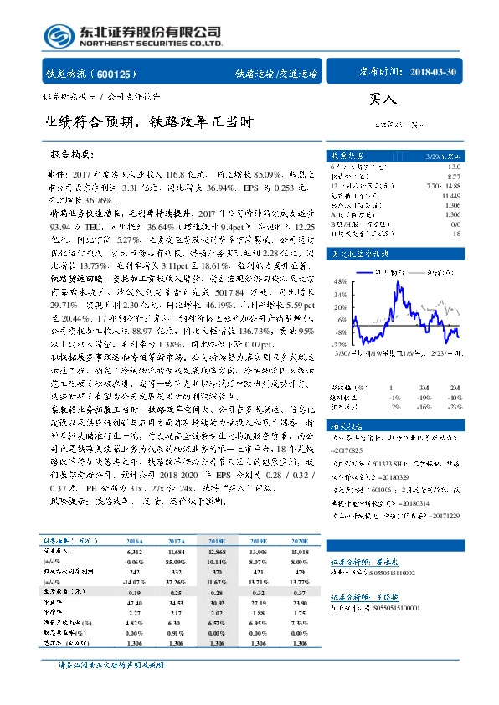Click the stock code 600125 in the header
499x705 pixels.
click(121, 74)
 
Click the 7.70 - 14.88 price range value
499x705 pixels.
click(443, 185)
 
